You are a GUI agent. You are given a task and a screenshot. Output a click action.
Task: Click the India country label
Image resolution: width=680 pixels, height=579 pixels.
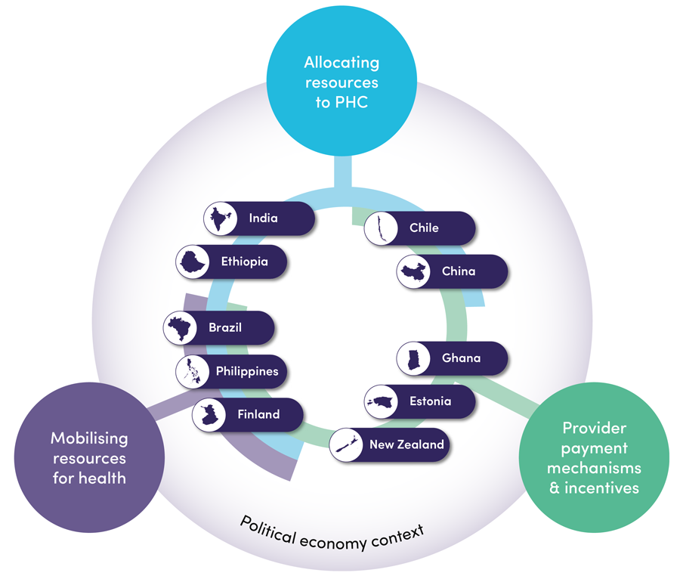[263, 218]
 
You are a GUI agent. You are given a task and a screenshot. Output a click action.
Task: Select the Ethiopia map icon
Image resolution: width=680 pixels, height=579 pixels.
[193, 262]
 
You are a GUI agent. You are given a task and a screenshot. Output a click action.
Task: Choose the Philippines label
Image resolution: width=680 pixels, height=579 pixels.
[246, 371]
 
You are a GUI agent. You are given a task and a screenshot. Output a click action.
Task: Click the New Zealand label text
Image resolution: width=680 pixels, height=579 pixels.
[406, 444]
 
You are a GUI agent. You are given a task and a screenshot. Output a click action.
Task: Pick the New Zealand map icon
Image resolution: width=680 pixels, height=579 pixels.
[346, 444]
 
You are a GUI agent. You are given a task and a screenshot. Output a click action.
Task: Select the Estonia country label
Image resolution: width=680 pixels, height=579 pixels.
[430, 401]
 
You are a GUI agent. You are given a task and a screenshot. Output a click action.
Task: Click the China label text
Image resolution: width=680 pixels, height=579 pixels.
[459, 271]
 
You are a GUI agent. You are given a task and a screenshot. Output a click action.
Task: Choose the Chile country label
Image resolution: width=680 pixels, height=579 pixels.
[424, 228]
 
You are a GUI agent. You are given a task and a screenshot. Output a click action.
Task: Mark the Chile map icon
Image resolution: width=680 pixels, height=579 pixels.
[381, 228]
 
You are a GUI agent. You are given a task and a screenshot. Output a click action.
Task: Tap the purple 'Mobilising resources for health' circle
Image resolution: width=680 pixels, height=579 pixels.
[88, 457]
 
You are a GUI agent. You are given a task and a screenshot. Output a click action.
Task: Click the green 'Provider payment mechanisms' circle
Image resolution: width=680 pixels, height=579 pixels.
[594, 457]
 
